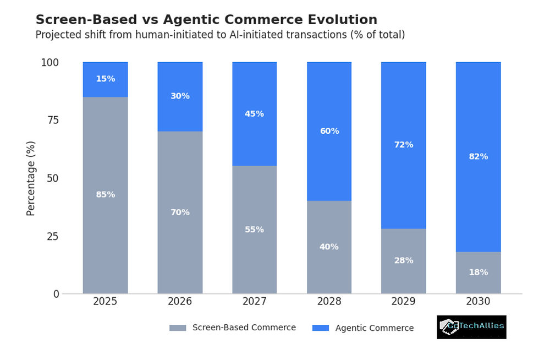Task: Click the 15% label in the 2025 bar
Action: point(105,79)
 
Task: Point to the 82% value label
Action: point(478,156)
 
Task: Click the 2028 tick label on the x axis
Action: point(329,302)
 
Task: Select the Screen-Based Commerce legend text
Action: point(244,328)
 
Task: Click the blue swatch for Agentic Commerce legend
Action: point(320,328)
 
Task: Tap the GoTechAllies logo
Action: point(471,326)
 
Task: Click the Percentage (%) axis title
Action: point(31,178)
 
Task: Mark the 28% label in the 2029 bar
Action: point(403,260)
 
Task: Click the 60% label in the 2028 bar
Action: point(329,131)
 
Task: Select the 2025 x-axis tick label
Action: point(105,302)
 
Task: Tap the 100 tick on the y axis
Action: point(49,62)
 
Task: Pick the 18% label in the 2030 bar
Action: point(478,272)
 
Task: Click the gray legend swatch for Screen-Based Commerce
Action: point(178,328)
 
